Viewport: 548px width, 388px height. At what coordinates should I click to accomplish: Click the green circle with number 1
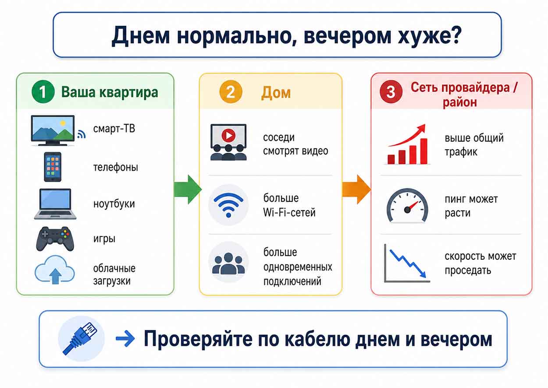43,92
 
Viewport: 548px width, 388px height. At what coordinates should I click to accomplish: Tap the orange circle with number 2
231,92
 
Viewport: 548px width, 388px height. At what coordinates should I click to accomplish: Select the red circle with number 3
391,92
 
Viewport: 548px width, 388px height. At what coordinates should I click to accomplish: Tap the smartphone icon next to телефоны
53,167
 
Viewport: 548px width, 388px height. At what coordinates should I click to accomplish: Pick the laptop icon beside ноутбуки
55,204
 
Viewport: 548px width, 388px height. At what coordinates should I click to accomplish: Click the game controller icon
55,239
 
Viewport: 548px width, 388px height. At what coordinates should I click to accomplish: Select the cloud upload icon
55,270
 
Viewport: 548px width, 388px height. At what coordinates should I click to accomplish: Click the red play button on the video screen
228,135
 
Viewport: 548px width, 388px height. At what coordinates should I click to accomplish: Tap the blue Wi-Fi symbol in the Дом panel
228,205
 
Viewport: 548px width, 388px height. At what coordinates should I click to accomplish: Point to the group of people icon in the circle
228,263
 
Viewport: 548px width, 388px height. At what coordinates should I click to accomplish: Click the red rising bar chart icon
407,144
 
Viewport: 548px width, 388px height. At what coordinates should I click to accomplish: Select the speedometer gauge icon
407,205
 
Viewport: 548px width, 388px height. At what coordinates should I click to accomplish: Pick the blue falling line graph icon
407,263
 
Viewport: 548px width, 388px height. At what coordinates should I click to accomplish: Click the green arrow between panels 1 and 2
188,189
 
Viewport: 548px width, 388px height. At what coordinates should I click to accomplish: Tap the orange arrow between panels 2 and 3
356,189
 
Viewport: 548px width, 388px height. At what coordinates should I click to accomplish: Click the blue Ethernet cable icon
80,338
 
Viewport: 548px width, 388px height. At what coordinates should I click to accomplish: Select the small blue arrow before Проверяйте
125,338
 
